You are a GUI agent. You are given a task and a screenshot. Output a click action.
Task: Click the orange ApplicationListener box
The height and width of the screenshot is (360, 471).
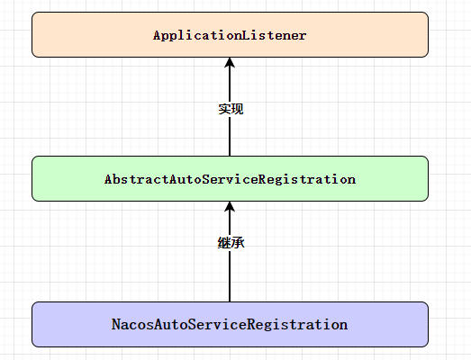(x=230, y=34)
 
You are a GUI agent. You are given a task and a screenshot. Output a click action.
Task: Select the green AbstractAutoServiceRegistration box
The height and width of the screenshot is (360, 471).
(x=230, y=178)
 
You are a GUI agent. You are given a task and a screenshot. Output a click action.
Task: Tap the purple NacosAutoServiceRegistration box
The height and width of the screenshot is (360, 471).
(x=230, y=324)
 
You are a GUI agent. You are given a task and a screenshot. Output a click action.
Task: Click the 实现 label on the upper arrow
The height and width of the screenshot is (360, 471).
(x=231, y=109)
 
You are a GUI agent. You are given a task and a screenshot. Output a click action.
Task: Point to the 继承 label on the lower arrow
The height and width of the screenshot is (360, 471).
(x=231, y=243)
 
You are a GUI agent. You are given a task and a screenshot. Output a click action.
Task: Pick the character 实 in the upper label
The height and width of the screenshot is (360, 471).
(x=224, y=109)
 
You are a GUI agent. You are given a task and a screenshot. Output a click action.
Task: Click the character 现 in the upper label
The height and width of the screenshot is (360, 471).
(x=237, y=109)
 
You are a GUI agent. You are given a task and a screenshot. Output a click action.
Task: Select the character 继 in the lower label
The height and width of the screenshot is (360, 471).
(x=224, y=243)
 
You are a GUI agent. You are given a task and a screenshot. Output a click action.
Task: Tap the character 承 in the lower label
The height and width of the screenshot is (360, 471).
(x=238, y=243)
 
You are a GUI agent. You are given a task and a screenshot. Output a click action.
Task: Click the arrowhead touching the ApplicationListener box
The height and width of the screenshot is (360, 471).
(x=230, y=62)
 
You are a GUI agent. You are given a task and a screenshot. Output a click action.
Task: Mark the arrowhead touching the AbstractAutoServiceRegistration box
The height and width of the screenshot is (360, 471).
(x=230, y=207)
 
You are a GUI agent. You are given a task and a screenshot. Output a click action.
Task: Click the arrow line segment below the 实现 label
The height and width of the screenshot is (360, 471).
(x=230, y=136)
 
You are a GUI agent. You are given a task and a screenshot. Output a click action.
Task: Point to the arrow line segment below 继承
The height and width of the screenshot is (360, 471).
(x=230, y=275)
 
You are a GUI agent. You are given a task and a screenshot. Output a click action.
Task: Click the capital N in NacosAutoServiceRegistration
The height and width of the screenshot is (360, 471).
(x=116, y=324)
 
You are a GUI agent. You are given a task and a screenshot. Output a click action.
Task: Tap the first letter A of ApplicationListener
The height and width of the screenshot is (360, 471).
(x=157, y=35)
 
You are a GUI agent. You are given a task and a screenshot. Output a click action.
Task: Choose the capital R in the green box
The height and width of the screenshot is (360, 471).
(x=262, y=179)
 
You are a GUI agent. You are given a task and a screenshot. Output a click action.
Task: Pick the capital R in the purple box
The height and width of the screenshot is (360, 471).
(x=251, y=324)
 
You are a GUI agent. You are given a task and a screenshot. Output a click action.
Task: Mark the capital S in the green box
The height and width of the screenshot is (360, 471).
(x=205, y=179)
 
